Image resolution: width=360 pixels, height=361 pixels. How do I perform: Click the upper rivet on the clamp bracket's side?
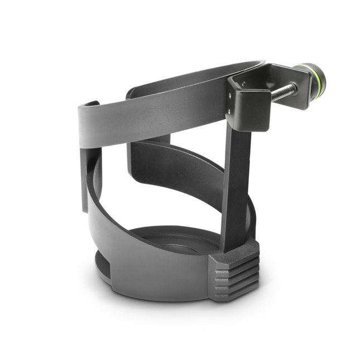231,96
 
